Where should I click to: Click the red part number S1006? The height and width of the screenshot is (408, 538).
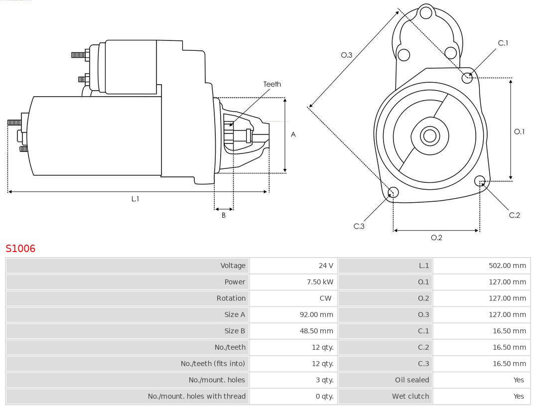(x=20, y=249)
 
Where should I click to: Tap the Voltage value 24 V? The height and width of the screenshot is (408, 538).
(x=326, y=266)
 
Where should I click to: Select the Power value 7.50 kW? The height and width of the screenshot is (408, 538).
(x=320, y=282)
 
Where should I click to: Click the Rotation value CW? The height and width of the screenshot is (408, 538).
(x=325, y=298)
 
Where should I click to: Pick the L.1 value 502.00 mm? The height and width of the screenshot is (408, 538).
(x=507, y=266)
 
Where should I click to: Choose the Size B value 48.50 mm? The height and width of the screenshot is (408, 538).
(x=316, y=331)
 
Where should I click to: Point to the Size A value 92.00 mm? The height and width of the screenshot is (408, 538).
(x=316, y=315)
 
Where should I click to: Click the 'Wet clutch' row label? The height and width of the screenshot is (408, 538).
(x=410, y=397)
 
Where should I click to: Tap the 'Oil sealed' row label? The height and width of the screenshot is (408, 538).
(x=412, y=380)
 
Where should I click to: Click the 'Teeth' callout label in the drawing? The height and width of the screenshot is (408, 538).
(x=272, y=84)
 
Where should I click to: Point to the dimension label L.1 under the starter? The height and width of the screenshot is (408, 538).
(x=135, y=199)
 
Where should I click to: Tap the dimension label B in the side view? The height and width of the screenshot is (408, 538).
(x=224, y=215)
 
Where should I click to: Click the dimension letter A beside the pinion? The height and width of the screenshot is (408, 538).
(x=293, y=135)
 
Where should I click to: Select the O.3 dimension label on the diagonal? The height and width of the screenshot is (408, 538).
(x=347, y=55)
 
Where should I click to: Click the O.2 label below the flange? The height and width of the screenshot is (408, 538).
(x=436, y=238)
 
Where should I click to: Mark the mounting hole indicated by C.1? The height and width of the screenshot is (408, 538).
(x=467, y=78)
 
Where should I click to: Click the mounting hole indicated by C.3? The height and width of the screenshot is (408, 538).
(x=393, y=192)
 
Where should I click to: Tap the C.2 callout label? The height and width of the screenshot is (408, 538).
(x=514, y=215)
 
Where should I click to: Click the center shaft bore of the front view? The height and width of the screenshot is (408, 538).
(x=429, y=136)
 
